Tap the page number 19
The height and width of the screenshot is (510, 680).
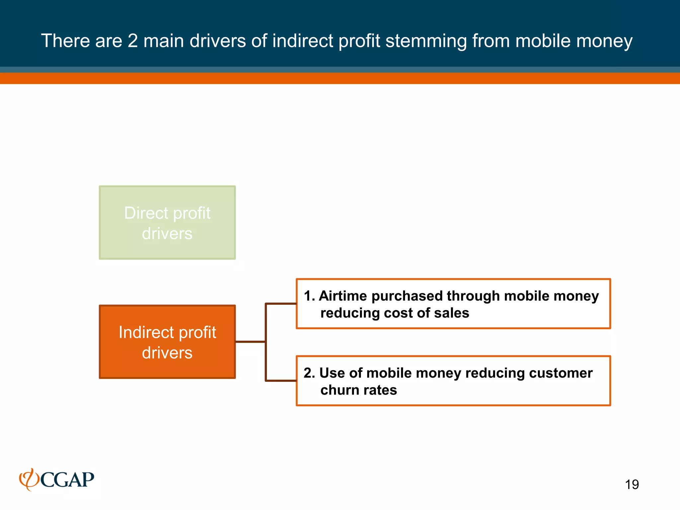(632, 484)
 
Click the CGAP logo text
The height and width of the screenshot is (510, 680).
(67, 480)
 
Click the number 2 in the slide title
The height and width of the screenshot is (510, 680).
(132, 41)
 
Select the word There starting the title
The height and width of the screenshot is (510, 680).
(65, 41)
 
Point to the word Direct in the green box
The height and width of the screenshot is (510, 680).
(146, 213)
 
